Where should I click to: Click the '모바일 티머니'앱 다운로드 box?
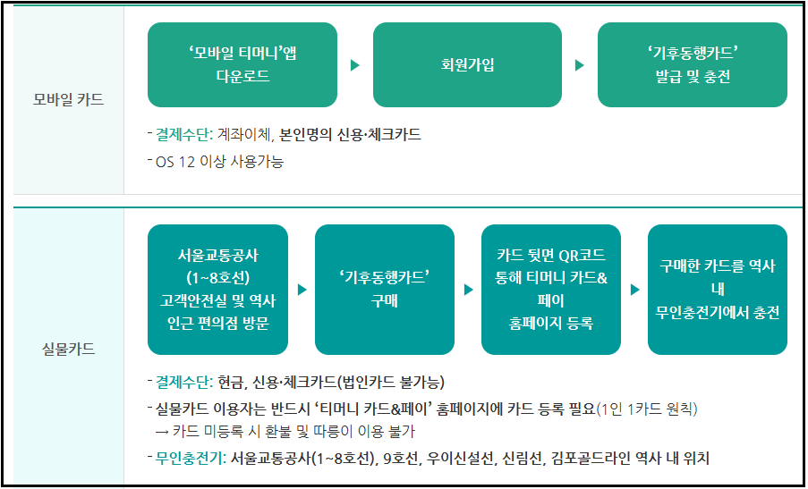coord(242,64)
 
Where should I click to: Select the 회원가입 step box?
coord(467,64)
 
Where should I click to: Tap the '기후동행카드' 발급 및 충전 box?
coord(693,64)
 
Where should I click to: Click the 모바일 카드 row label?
coord(68,99)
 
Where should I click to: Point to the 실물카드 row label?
coord(68,349)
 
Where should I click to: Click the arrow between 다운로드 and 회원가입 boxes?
coord(355,65)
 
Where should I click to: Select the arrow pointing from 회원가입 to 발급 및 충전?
coord(580,65)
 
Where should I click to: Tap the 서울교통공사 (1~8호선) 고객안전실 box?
coord(218,289)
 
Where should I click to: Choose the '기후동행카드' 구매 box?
coord(385,289)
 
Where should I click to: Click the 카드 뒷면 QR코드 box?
coord(551,289)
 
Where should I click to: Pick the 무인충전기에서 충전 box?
coord(718,289)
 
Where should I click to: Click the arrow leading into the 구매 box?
coord(302,290)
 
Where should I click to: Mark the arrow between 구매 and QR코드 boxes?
coord(469,290)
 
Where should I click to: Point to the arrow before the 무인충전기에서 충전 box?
coord(635,290)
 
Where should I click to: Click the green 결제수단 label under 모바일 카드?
coord(183,135)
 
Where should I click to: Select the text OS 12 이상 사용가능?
coord(220,162)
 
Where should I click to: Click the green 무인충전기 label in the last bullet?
coord(188,459)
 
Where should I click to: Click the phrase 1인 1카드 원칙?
coord(646,409)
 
